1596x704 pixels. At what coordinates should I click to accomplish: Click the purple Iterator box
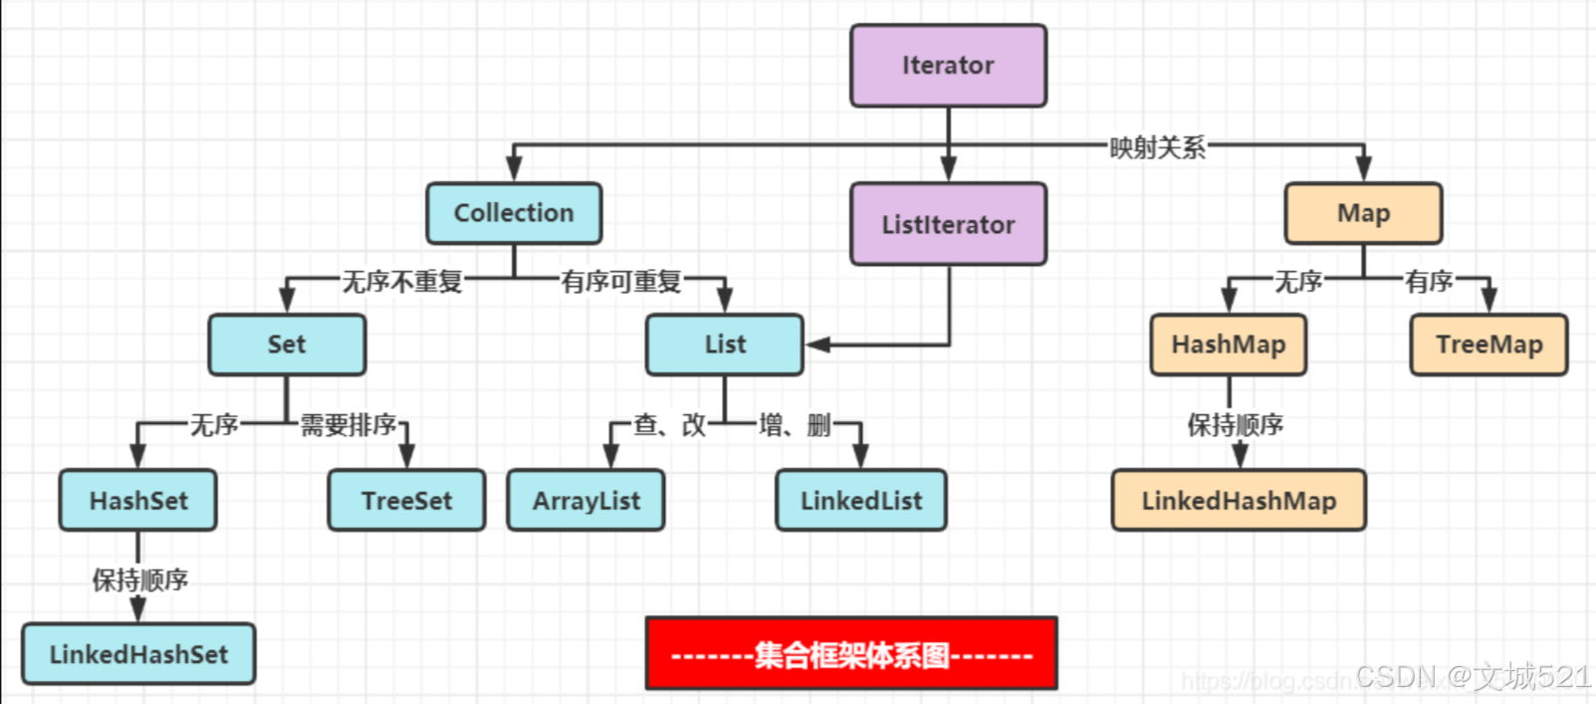pyautogui.click(x=948, y=66)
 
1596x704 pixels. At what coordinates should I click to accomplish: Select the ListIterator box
pyautogui.click(x=948, y=224)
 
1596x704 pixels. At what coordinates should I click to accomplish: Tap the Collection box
pyautogui.click(x=514, y=213)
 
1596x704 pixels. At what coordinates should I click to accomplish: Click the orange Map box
pyautogui.click(x=1363, y=213)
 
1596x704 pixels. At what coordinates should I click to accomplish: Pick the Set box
pyautogui.click(x=287, y=345)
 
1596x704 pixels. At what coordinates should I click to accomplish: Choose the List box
pyautogui.click(x=725, y=345)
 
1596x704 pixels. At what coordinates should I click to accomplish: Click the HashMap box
pyautogui.click(x=1229, y=345)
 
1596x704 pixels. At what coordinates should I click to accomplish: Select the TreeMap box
pyautogui.click(x=1488, y=345)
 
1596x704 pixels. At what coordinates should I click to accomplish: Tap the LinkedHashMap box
pyautogui.click(x=1239, y=501)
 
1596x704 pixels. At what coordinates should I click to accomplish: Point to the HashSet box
pyautogui.click(x=138, y=501)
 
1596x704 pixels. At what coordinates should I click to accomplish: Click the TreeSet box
pyautogui.click(x=406, y=501)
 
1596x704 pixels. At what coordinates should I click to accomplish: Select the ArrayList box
pyautogui.click(x=585, y=501)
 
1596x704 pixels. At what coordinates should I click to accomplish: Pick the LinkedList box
pyautogui.click(x=861, y=501)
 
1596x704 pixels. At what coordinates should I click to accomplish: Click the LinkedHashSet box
pyautogui.click(x=138, y=654)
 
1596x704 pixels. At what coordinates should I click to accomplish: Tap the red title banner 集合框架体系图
pyautogui.click(x=851, y=654)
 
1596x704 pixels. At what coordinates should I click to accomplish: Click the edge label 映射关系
pyautogui.click(x=1157, y=147)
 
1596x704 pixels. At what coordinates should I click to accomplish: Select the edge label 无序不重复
pyautogui.click(x=402, y=282)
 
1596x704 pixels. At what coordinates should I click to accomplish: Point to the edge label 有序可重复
pyautogui.click(x=621, y=282)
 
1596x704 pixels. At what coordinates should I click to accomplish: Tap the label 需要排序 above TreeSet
pyautogui.click(x=348, y=425)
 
